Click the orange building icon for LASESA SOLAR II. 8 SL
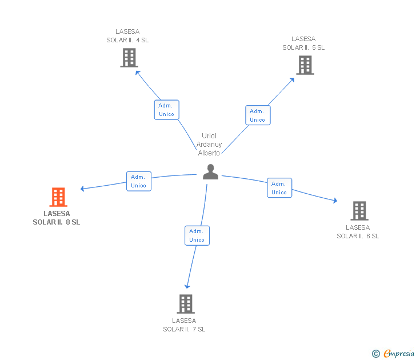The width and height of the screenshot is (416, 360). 58,197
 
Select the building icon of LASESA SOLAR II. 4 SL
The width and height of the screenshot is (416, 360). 129,58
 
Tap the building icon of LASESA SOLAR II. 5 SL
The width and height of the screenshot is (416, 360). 305,65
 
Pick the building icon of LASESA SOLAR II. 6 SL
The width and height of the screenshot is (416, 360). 359,211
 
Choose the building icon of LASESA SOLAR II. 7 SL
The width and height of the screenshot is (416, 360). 186,304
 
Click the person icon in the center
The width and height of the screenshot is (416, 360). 210,172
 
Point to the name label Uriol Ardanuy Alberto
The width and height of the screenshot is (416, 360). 209,145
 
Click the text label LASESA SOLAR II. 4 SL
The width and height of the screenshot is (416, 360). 127,36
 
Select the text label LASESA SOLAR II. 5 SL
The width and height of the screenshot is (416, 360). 303,43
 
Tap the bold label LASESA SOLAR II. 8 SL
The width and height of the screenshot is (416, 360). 57,218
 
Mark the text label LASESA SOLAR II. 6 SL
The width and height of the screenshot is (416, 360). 358,232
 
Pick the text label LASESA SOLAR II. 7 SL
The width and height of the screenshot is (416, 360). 184,325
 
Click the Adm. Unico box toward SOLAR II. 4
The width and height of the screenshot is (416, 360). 166,110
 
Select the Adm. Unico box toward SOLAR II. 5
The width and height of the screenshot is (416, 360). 258,115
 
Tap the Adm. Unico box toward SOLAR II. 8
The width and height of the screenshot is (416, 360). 139,181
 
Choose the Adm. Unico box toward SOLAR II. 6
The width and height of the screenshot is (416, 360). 279,188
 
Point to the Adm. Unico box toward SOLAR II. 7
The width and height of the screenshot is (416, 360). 197,235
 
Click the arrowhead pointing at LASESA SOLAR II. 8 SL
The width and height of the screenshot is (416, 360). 83,189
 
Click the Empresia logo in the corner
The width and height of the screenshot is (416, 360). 394,353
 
